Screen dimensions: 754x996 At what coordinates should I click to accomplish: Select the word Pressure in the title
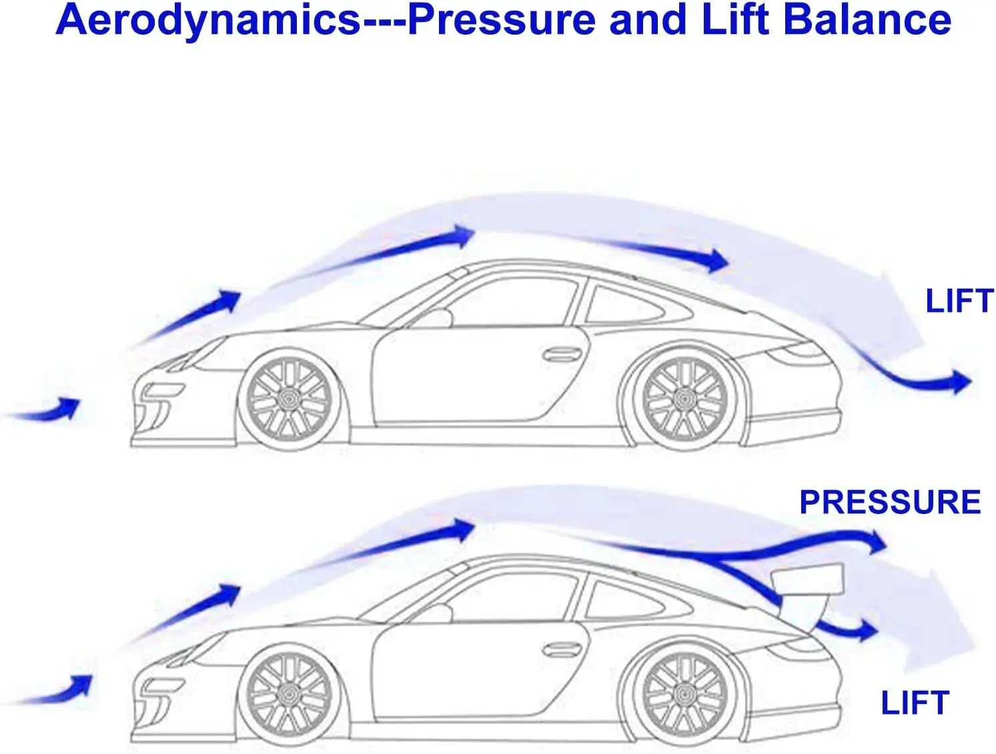(x=500, y=20)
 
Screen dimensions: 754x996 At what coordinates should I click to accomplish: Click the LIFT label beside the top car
(x=959, y=301)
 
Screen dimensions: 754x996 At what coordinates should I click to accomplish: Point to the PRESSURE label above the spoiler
(x=890, y=502)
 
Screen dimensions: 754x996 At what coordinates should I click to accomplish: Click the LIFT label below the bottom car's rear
(x=915, y=703)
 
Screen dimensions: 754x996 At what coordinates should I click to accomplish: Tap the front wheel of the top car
(x=290, y=399)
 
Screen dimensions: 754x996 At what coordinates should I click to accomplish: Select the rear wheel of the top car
(x=684, y=399)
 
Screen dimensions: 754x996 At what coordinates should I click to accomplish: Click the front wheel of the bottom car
(x=290, y=694)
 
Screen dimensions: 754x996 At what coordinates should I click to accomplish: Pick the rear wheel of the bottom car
(x=684, y=694)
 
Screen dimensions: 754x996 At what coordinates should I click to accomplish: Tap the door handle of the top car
(x=562, y=355)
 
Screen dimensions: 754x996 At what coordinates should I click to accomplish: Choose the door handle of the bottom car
(x=562, y=649)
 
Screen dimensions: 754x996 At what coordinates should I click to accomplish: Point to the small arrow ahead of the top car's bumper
(x=67, y=407)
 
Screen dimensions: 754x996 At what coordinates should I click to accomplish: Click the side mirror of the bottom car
(x=437, y=613)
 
